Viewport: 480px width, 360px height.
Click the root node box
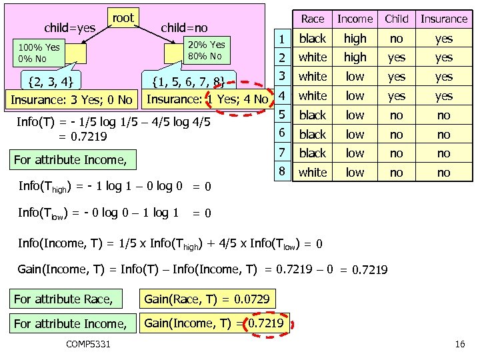(123, 19)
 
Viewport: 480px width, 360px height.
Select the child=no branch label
(184, 28)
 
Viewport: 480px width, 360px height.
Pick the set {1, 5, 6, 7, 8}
(193, 83)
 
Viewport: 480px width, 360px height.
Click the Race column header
(313, 19)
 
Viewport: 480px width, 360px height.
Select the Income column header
(355, 19)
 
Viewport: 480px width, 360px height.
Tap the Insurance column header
(444, 19)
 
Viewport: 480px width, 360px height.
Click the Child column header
(397, 19)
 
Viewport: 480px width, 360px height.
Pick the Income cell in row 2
(355, 58)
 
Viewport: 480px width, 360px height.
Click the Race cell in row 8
(313, 173)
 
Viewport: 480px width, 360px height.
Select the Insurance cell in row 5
(444, 115)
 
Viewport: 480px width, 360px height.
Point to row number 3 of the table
(283, 76)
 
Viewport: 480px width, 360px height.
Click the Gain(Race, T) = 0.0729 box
(207, 299)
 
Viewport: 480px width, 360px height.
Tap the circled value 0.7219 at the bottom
(266, 324)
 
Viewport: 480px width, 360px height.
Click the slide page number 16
(459, 344)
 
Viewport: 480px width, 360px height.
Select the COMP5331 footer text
(89, 343)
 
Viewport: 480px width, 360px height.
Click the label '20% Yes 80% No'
(206, 50)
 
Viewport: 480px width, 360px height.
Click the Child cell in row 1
(397, 39)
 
